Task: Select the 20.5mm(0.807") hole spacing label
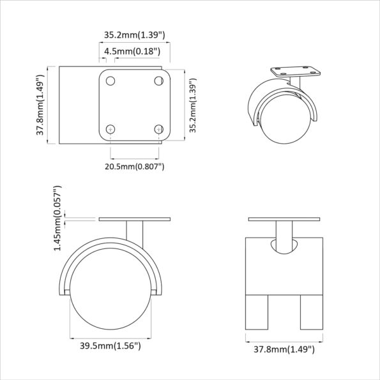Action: [x=135, y=167]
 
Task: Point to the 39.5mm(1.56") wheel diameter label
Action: [x=110, y=346]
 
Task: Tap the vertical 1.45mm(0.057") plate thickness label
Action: [x=58, y=218]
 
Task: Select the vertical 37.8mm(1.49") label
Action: [x=40, y=105]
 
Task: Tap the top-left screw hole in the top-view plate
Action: [x=110, y=81]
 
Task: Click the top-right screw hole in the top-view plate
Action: [x=158, y=81]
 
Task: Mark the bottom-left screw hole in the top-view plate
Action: [x=110, y=129]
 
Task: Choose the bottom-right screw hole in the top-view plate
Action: [x=158, y=129]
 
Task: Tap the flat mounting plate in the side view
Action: [x=135, y=220]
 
